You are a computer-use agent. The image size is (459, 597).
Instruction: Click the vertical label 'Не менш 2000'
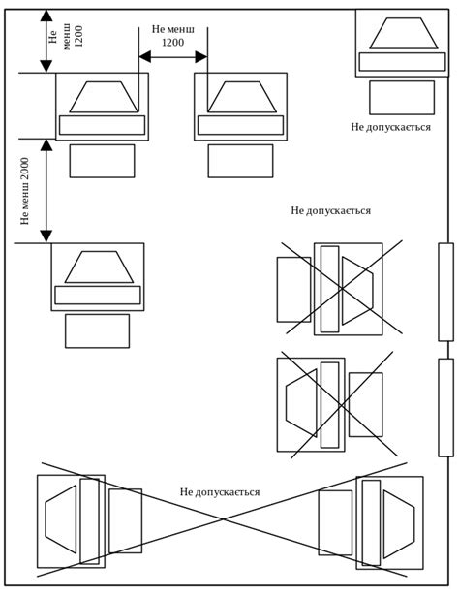coord(25,191)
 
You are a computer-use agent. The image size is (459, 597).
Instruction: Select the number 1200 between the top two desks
coord(173,42)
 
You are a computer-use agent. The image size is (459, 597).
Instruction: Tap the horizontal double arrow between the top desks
coord(173,57)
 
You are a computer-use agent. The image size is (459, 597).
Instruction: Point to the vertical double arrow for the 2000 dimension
coord(46,191)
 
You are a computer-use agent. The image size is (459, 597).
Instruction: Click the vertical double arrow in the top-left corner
coord(46,41)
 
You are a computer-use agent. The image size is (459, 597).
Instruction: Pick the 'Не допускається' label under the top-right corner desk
coord(390,127)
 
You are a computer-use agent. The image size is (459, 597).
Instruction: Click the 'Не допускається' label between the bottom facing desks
coord(220,492)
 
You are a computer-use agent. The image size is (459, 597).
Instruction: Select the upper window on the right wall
coord(445,292)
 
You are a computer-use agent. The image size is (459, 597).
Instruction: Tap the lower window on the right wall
coord(445,407)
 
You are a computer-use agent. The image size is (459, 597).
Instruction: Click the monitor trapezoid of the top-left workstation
coord(104,97)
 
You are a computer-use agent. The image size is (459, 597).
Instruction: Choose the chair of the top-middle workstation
coord(240,161)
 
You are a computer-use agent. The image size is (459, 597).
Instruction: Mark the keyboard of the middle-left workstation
coord(98,295)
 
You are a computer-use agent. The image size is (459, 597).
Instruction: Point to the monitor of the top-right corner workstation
coord(404,33)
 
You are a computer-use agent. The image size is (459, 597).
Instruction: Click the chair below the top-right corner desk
coord(402,98)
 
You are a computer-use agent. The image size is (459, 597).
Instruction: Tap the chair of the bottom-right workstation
coord(335,522)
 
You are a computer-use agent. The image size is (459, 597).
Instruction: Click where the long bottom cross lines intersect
coord(224,518)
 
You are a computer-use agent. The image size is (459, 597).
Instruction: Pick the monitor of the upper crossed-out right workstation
coord(357,291)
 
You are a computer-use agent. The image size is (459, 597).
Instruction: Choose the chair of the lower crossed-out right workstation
coord(366,404)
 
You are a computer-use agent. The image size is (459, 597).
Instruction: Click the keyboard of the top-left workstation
coord(103,125)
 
